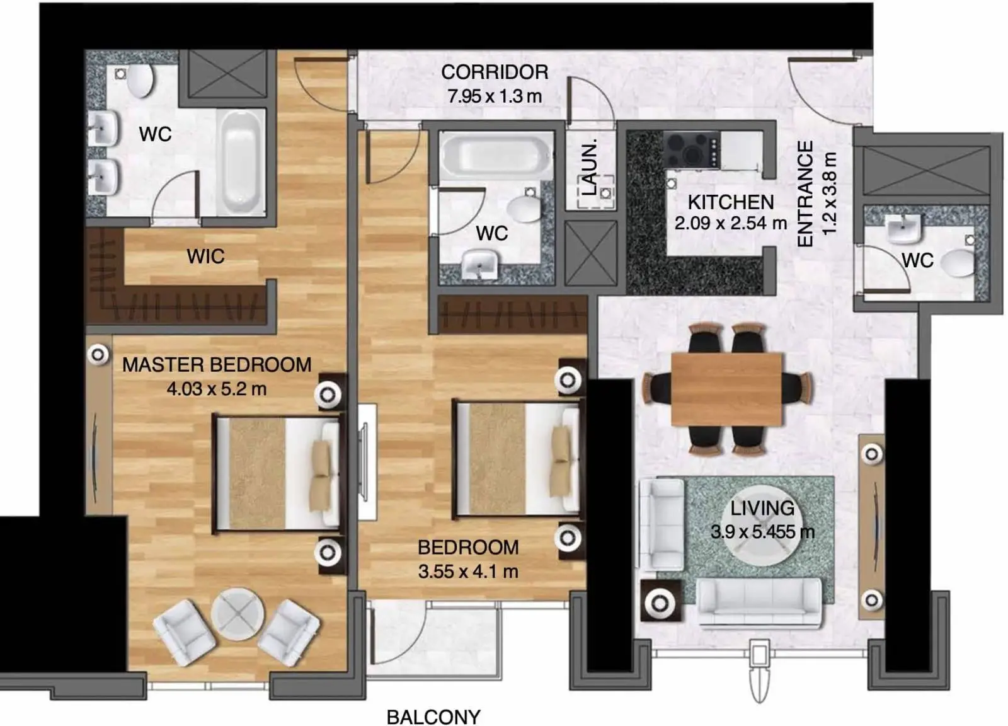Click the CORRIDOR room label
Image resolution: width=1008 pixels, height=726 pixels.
click(x=495, y=72)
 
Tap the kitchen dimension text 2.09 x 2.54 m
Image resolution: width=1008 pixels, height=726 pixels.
click(x=731, y=223)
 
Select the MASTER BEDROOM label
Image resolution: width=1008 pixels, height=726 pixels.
click(x=217, y=364)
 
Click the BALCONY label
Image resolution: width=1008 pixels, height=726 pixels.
click(x=433, y=717)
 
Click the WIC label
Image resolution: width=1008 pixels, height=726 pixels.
click(x=205, y=256)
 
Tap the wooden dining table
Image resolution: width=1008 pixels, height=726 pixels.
click(x=727, y=389)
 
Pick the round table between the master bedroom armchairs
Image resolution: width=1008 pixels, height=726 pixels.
click(x=238, y=614)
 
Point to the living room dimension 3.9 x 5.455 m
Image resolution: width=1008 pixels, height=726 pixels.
click(x=762, y=532)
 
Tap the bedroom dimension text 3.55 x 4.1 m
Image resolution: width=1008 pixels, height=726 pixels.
click(x=468, y=572)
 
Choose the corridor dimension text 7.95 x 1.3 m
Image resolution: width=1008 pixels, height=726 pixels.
click(x=495, y=96)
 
